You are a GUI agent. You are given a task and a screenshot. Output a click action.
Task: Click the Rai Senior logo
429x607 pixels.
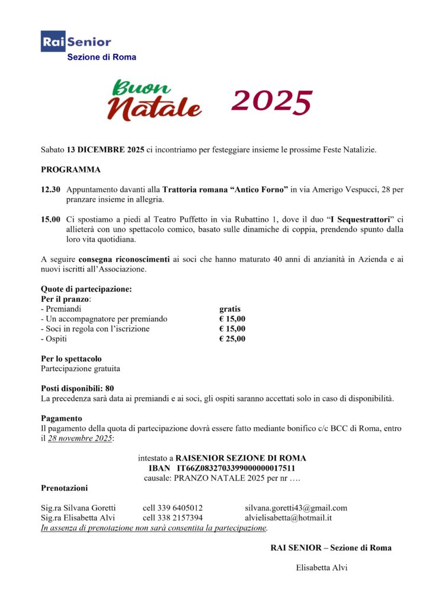point(76,41)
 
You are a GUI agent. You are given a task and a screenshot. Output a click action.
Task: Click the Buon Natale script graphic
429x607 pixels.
point(155,101)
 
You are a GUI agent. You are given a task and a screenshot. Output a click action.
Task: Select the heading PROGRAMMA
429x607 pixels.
point(71,170)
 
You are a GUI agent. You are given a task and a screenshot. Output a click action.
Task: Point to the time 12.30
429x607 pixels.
point(50,189)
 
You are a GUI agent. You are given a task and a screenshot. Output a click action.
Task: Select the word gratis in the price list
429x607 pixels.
point(230,309)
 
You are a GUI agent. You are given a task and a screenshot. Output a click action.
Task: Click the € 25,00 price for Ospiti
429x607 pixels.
point(232,339)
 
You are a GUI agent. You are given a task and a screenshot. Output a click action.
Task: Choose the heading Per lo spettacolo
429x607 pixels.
point(71,359)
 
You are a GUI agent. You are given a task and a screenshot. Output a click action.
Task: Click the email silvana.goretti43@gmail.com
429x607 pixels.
point(296,508)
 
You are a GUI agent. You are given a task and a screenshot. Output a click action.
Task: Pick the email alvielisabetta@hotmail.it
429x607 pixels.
point(289,517)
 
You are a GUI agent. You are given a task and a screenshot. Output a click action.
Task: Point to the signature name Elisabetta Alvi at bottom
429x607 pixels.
point(322,568)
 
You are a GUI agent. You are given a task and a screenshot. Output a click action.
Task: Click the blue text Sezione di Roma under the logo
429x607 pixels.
point(101,57)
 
